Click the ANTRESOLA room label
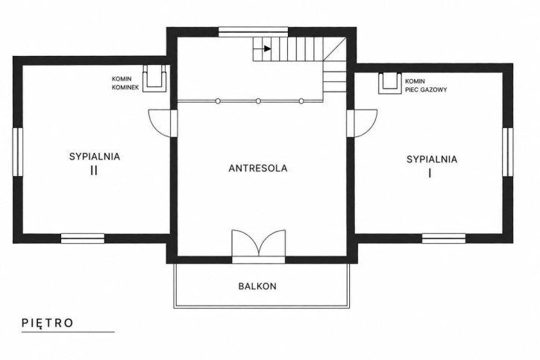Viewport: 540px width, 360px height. [x=258, y=168]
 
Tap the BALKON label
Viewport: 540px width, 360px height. [x=257, y=286]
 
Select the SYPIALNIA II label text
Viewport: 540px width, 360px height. [x=95, y=163]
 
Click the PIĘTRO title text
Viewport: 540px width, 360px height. [x=48, y=323]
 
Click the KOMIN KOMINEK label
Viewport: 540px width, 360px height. [x=125, y=83]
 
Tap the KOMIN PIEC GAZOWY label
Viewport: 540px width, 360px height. [x=426, y=86]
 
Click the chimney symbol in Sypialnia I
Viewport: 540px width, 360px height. [x=390, y=83]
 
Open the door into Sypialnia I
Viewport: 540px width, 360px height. [x=362, y=123]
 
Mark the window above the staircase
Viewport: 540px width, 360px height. [x=253, y=31]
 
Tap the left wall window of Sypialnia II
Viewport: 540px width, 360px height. [x=18, y=152]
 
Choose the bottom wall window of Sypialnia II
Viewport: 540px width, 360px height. [x=83, y=239]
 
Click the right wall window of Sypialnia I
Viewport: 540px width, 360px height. [x=508, y=152]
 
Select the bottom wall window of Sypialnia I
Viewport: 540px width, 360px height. [x=444, y=239]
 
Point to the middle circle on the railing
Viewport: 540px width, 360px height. [x=258, y=101]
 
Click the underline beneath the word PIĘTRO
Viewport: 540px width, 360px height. [x=68, y=332]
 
